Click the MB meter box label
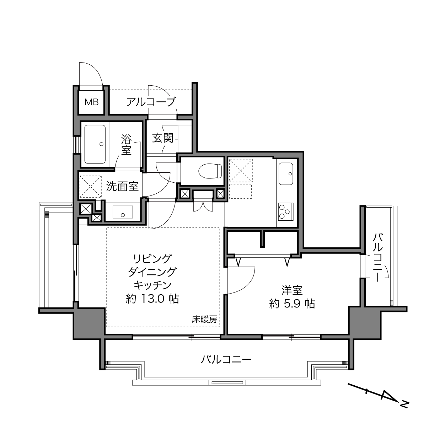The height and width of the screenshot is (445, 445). [x=91, y=102]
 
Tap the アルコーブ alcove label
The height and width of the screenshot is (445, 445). [x=151, y=102]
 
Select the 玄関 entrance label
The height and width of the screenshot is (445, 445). [x=163, y=138]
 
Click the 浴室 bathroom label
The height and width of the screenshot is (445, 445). [x=126, y=145]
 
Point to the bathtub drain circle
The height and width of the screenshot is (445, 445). [x=101, y=144]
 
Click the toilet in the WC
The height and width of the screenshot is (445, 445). [x=210, y=171]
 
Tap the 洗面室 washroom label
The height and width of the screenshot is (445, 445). [x=122, y=186]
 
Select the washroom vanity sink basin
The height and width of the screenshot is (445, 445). [x=123, y=212]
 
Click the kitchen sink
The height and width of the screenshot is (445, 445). [x=286, y=174]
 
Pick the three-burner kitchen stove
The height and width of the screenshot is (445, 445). [x=286, y=212]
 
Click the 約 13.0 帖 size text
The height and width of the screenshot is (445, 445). [x=152, y=299]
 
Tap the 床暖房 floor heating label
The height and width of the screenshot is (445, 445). [x=204, y=320]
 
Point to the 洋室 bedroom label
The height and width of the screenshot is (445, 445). [x=292, y=290]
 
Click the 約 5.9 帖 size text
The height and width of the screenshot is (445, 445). [x=292, y=304]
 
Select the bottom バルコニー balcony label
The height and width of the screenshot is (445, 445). [x=226, y=360]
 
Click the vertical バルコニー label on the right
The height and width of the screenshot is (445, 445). [x=377, y=258]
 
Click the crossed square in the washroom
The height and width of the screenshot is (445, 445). [x=90, y=186]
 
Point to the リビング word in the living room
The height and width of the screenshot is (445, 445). [x=152, y=259]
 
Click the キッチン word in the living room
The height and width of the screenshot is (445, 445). [x=152, y=285]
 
